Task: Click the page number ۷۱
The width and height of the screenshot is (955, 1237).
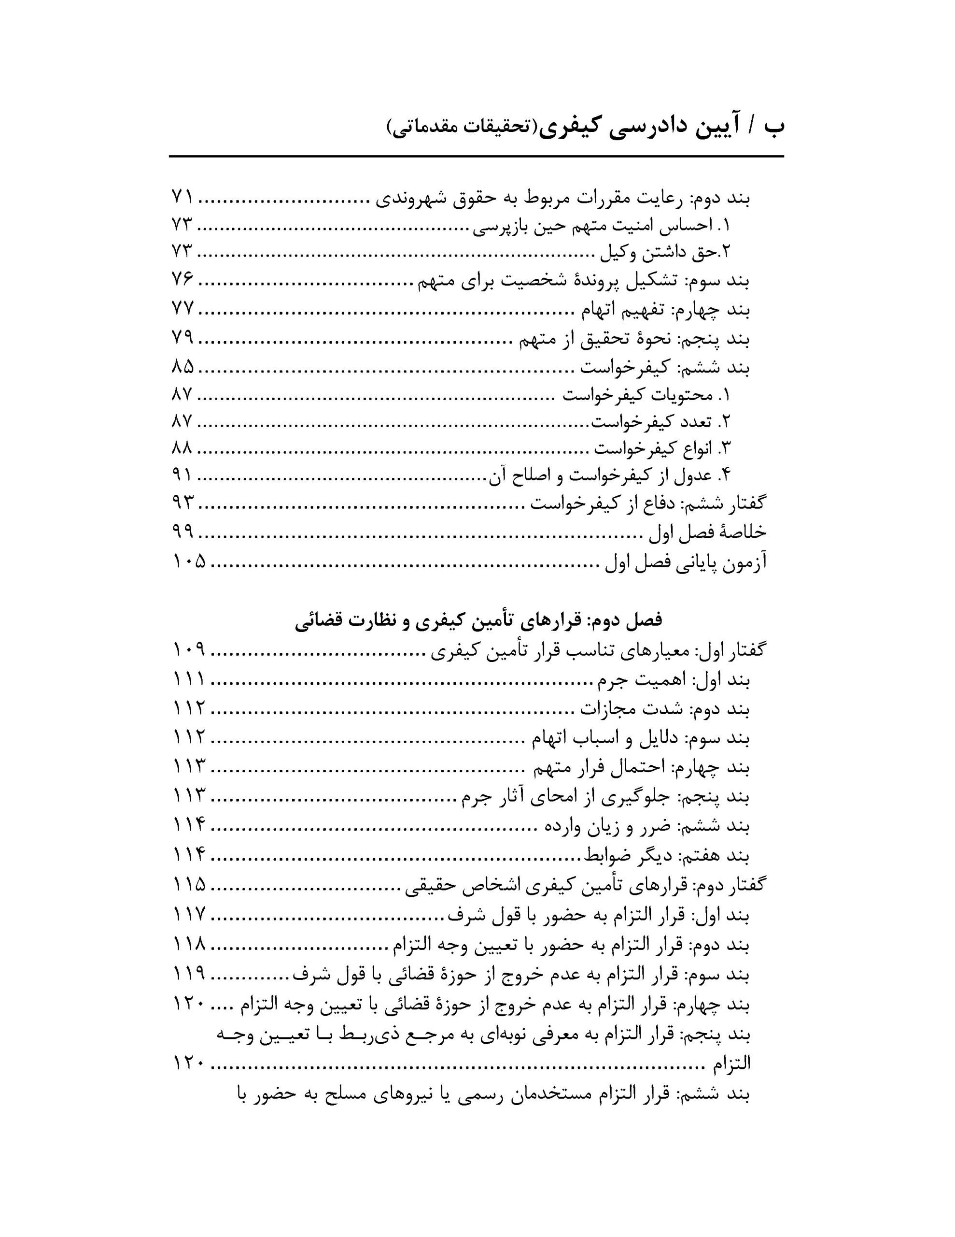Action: point(183,198)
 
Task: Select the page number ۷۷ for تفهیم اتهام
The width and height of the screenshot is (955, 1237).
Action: point(183,309)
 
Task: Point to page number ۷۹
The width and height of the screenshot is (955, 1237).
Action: point(183,338)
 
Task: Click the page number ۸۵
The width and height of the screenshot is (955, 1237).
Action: point(183,367)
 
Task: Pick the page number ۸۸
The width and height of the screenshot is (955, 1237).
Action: point(183,448)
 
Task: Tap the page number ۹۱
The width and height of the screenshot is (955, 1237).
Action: point(183,476)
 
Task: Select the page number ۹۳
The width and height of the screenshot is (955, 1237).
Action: point(183,503)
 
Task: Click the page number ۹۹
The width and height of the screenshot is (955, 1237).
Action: point(183,531)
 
